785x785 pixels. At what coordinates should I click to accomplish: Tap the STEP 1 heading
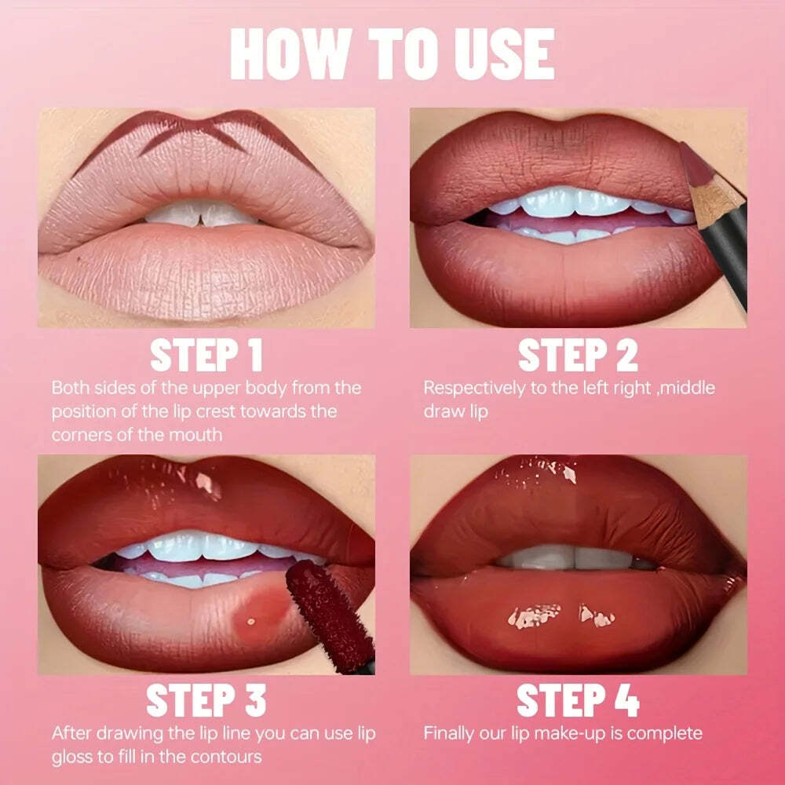[206, 355]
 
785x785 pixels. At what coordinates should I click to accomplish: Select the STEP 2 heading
[579, 355]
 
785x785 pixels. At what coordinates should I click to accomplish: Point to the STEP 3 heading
[206, 700]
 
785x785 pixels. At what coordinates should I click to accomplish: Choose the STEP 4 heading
[579, 700]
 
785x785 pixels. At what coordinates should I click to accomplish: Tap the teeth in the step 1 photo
[201, 214]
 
